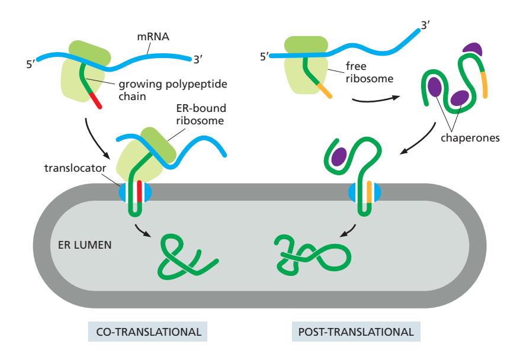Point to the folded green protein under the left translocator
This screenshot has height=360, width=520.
(187, 255)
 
